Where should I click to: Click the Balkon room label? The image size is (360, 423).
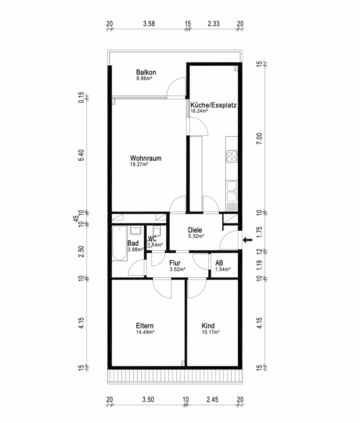click(146, 72)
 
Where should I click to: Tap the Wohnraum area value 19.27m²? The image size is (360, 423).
click(139, 164)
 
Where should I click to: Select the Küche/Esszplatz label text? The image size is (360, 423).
click(213, 105)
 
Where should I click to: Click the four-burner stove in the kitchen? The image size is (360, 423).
click(232, 157)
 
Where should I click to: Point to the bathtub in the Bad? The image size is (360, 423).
click(119, 243)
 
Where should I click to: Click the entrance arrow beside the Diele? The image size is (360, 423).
click(248, 240)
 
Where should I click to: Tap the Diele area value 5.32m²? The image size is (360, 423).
click(196, 236)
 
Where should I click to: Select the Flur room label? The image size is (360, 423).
click(175, 263)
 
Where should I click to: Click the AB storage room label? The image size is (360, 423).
click(219, 263)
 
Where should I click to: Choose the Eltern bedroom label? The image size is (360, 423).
click(145, 326)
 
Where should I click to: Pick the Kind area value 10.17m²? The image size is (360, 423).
click(211, 332)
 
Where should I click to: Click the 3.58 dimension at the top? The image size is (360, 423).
click(149, 24)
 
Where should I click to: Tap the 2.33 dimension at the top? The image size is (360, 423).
click(213, 24)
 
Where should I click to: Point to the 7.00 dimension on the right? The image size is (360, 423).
click(259, 139)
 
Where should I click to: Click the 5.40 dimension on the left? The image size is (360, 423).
click(81, 156)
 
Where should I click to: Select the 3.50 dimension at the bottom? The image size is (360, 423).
click(148, 399)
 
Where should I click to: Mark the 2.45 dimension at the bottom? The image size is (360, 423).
click(212, 399)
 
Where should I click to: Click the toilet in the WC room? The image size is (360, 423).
click(157, 231)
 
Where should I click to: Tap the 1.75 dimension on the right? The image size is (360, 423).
click(259, 232)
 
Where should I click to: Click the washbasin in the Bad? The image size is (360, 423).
click(136, 231)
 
